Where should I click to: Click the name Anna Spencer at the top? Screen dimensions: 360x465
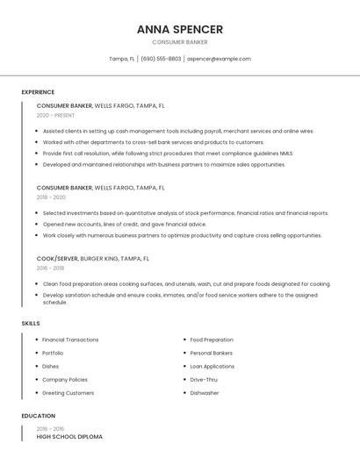coord(180,29)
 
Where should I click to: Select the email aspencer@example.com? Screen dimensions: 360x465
coord(220,59)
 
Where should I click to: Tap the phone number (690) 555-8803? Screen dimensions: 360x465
coord(161,59)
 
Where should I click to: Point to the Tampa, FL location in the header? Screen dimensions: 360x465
coord(121,59)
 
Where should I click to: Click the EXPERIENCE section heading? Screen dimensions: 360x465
coord(38,92)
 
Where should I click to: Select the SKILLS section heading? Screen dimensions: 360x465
coord(31,324)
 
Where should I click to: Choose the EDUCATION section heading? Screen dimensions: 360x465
coord(39,416)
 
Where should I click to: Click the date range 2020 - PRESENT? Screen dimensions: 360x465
coord(55,115)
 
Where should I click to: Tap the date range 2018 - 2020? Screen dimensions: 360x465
coord(51,197)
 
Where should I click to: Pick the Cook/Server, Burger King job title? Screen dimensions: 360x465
coord(93,259)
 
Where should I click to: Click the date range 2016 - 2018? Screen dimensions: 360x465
coord(50,268)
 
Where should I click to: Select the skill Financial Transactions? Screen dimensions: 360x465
coord(70,340)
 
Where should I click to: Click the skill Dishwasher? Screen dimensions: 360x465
coord(205,393)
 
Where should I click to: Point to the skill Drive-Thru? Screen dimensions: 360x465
coord(205,380)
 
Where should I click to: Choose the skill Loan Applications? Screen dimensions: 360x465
coord(212,366)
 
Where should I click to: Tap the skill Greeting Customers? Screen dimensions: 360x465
coord(68,393)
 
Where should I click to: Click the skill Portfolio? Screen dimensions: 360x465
coord(53,353)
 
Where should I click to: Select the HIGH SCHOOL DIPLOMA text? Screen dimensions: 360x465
coord(69,437)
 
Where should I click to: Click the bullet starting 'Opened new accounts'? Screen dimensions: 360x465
coord(124,224)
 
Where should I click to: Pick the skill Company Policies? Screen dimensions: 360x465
coord(65,380)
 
